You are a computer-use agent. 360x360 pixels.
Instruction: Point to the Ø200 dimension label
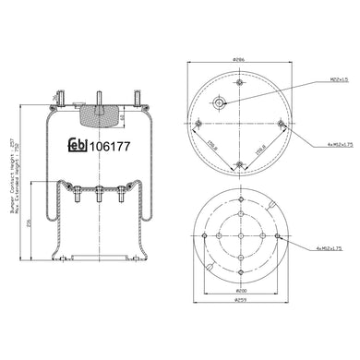tap(238, 290)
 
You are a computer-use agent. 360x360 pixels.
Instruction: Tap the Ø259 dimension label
tap(238, 300)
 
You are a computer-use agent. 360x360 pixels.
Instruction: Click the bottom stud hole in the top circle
tap(238, 165)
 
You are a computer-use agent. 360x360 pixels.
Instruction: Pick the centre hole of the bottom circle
tap(238, 234)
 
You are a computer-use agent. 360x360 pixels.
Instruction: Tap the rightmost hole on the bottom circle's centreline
tap(278, 234)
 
